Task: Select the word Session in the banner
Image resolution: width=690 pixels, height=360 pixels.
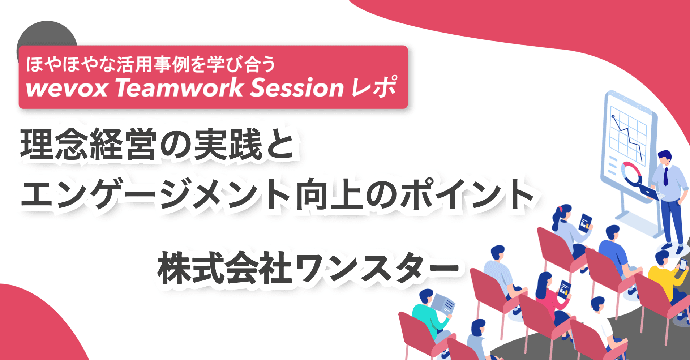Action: click(x=296, y=88)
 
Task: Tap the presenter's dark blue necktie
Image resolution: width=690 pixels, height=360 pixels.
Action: click(x=665, y=176)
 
